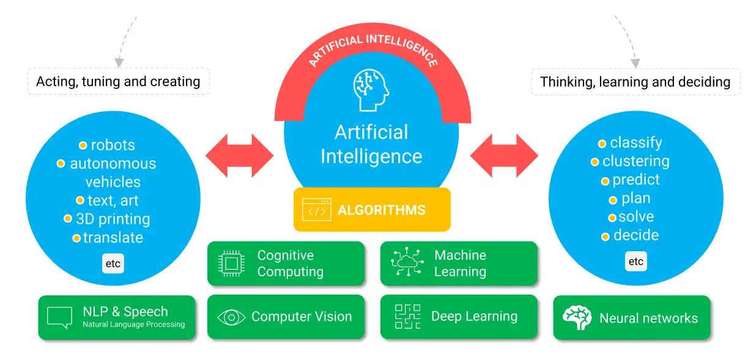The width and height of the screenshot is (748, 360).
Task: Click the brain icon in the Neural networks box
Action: (x=577, y=318)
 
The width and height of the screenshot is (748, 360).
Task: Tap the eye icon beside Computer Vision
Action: (x=231, y=317)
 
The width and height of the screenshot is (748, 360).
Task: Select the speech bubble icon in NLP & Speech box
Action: (x=59, y=317)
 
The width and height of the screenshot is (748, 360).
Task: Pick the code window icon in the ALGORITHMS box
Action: (x=316, y=210)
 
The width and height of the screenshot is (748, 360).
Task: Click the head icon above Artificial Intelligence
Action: (x=371, y=90)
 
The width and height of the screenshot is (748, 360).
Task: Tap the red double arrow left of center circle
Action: (x=239, y=156)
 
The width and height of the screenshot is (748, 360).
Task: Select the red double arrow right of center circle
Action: (x=503, y=156)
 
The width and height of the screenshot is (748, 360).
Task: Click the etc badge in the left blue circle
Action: (x=113, y=264)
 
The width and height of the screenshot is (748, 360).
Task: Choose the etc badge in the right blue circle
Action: (x=636, y=262)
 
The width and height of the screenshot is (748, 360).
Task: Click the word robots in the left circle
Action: (x=113, y=145)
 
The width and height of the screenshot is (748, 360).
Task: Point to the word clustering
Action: (x=635, y=161)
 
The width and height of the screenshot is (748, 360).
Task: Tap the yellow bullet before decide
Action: (x=605, y=237)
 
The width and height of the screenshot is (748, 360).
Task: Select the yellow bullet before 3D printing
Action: (x=68, y=218)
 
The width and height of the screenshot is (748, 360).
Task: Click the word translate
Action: (x=113, y=238)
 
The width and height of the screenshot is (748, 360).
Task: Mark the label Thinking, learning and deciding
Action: (x=635, y=82)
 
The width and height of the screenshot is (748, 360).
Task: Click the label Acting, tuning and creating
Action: (x=118, y=81)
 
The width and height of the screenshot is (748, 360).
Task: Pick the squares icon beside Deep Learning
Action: (x=407, y=317)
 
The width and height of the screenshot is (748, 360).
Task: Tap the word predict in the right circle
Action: (x=636, y=180)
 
